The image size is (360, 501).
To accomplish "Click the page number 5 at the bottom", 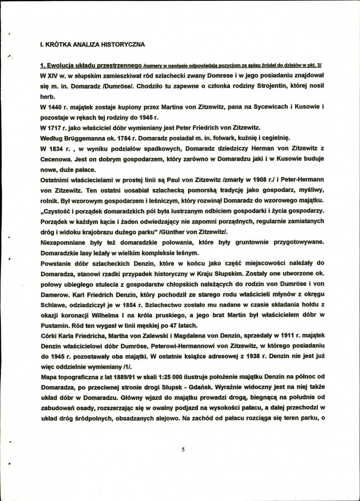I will (x=183, y=449).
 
